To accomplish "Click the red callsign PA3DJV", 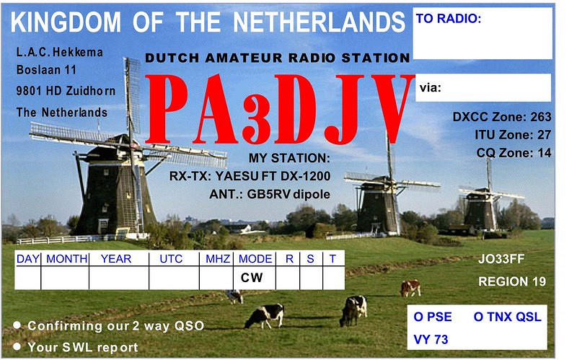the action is (280, 109).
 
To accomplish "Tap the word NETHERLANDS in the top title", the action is (319, 22).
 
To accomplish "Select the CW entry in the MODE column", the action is (252, 278).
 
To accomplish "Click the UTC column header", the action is (171, 259).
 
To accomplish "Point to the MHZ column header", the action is (218, 259).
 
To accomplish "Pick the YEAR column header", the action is (116, 259).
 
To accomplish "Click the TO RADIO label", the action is (448, 19).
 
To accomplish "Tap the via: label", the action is (430, 87).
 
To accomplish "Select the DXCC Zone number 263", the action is (540, 117).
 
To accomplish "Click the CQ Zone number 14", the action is (545, 153).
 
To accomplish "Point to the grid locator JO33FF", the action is (501, 259).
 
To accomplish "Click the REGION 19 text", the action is (512, 281).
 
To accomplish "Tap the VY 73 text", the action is (431, 339).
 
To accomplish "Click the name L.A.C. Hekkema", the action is (59, 52).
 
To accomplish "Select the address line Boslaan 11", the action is (46, 69).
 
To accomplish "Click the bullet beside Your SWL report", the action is (17, 347).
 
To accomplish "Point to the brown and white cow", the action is (410, 288).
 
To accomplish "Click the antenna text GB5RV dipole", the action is (288, 194).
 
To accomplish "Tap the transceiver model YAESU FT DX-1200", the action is (273, 176).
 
